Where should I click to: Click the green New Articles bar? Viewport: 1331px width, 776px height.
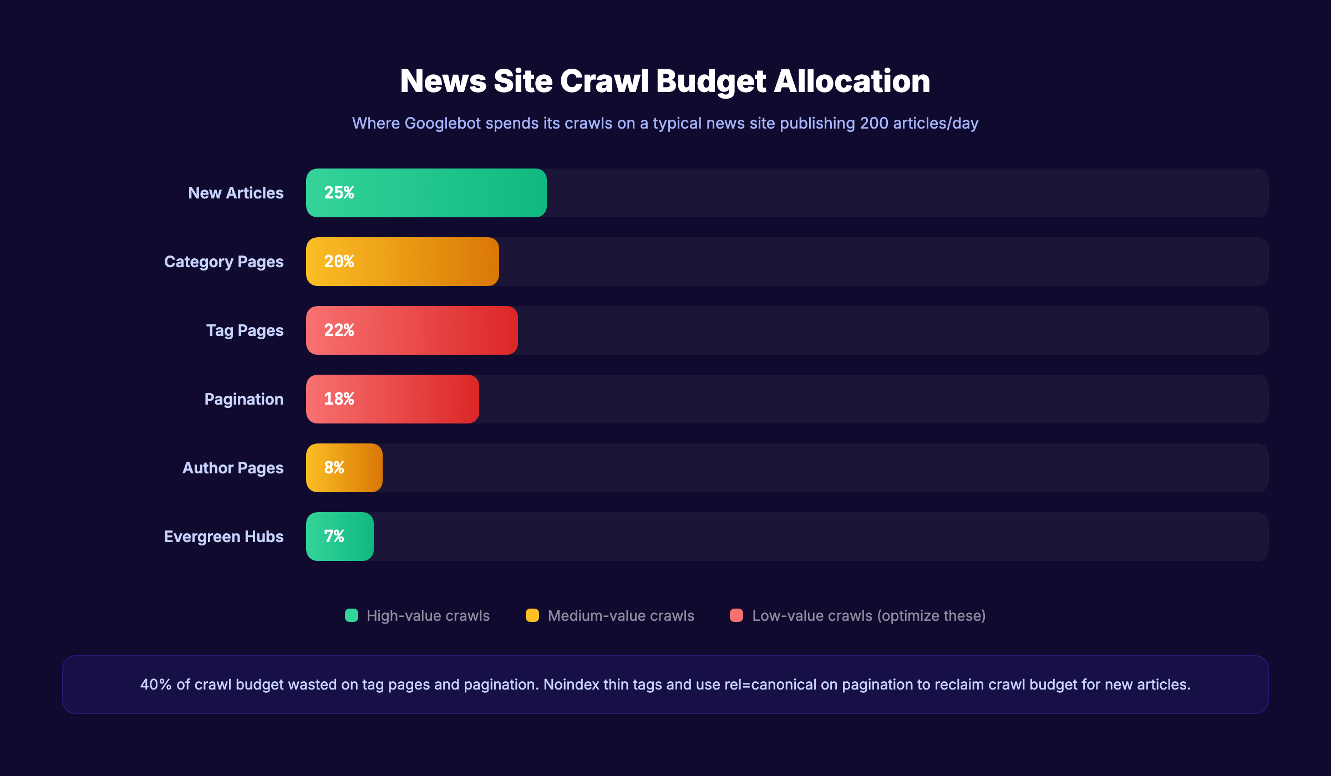444,193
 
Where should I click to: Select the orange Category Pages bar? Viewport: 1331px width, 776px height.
421,262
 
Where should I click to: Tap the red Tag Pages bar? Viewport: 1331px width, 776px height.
433,330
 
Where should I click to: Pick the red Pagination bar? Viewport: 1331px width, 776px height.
410,399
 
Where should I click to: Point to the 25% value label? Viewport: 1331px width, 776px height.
339,193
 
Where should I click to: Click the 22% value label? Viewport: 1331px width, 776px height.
339,330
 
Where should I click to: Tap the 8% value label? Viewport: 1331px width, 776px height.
334,468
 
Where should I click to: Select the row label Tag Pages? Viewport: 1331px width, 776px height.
245,330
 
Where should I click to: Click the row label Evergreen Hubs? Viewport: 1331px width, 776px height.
223,537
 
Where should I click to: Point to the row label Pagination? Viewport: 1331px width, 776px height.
243,399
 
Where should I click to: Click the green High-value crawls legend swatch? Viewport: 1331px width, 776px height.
352,615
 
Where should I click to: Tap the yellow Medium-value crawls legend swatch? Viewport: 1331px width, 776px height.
532,615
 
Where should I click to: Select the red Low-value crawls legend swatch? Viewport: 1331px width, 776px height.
736,615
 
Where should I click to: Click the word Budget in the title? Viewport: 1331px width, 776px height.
712,81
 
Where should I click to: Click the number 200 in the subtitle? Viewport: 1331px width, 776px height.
874,123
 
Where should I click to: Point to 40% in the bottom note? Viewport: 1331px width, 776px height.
156,685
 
